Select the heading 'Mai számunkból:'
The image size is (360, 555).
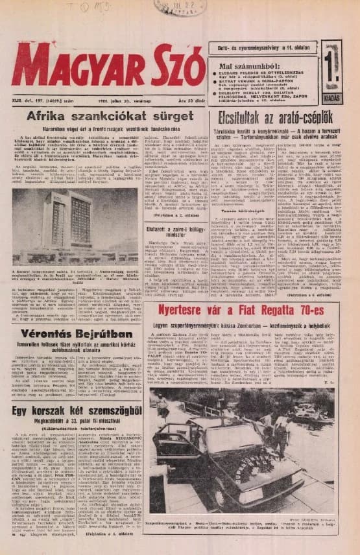click(245, 66)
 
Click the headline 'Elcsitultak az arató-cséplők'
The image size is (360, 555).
click(276, 118)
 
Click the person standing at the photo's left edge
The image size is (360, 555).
click(160, 404)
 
